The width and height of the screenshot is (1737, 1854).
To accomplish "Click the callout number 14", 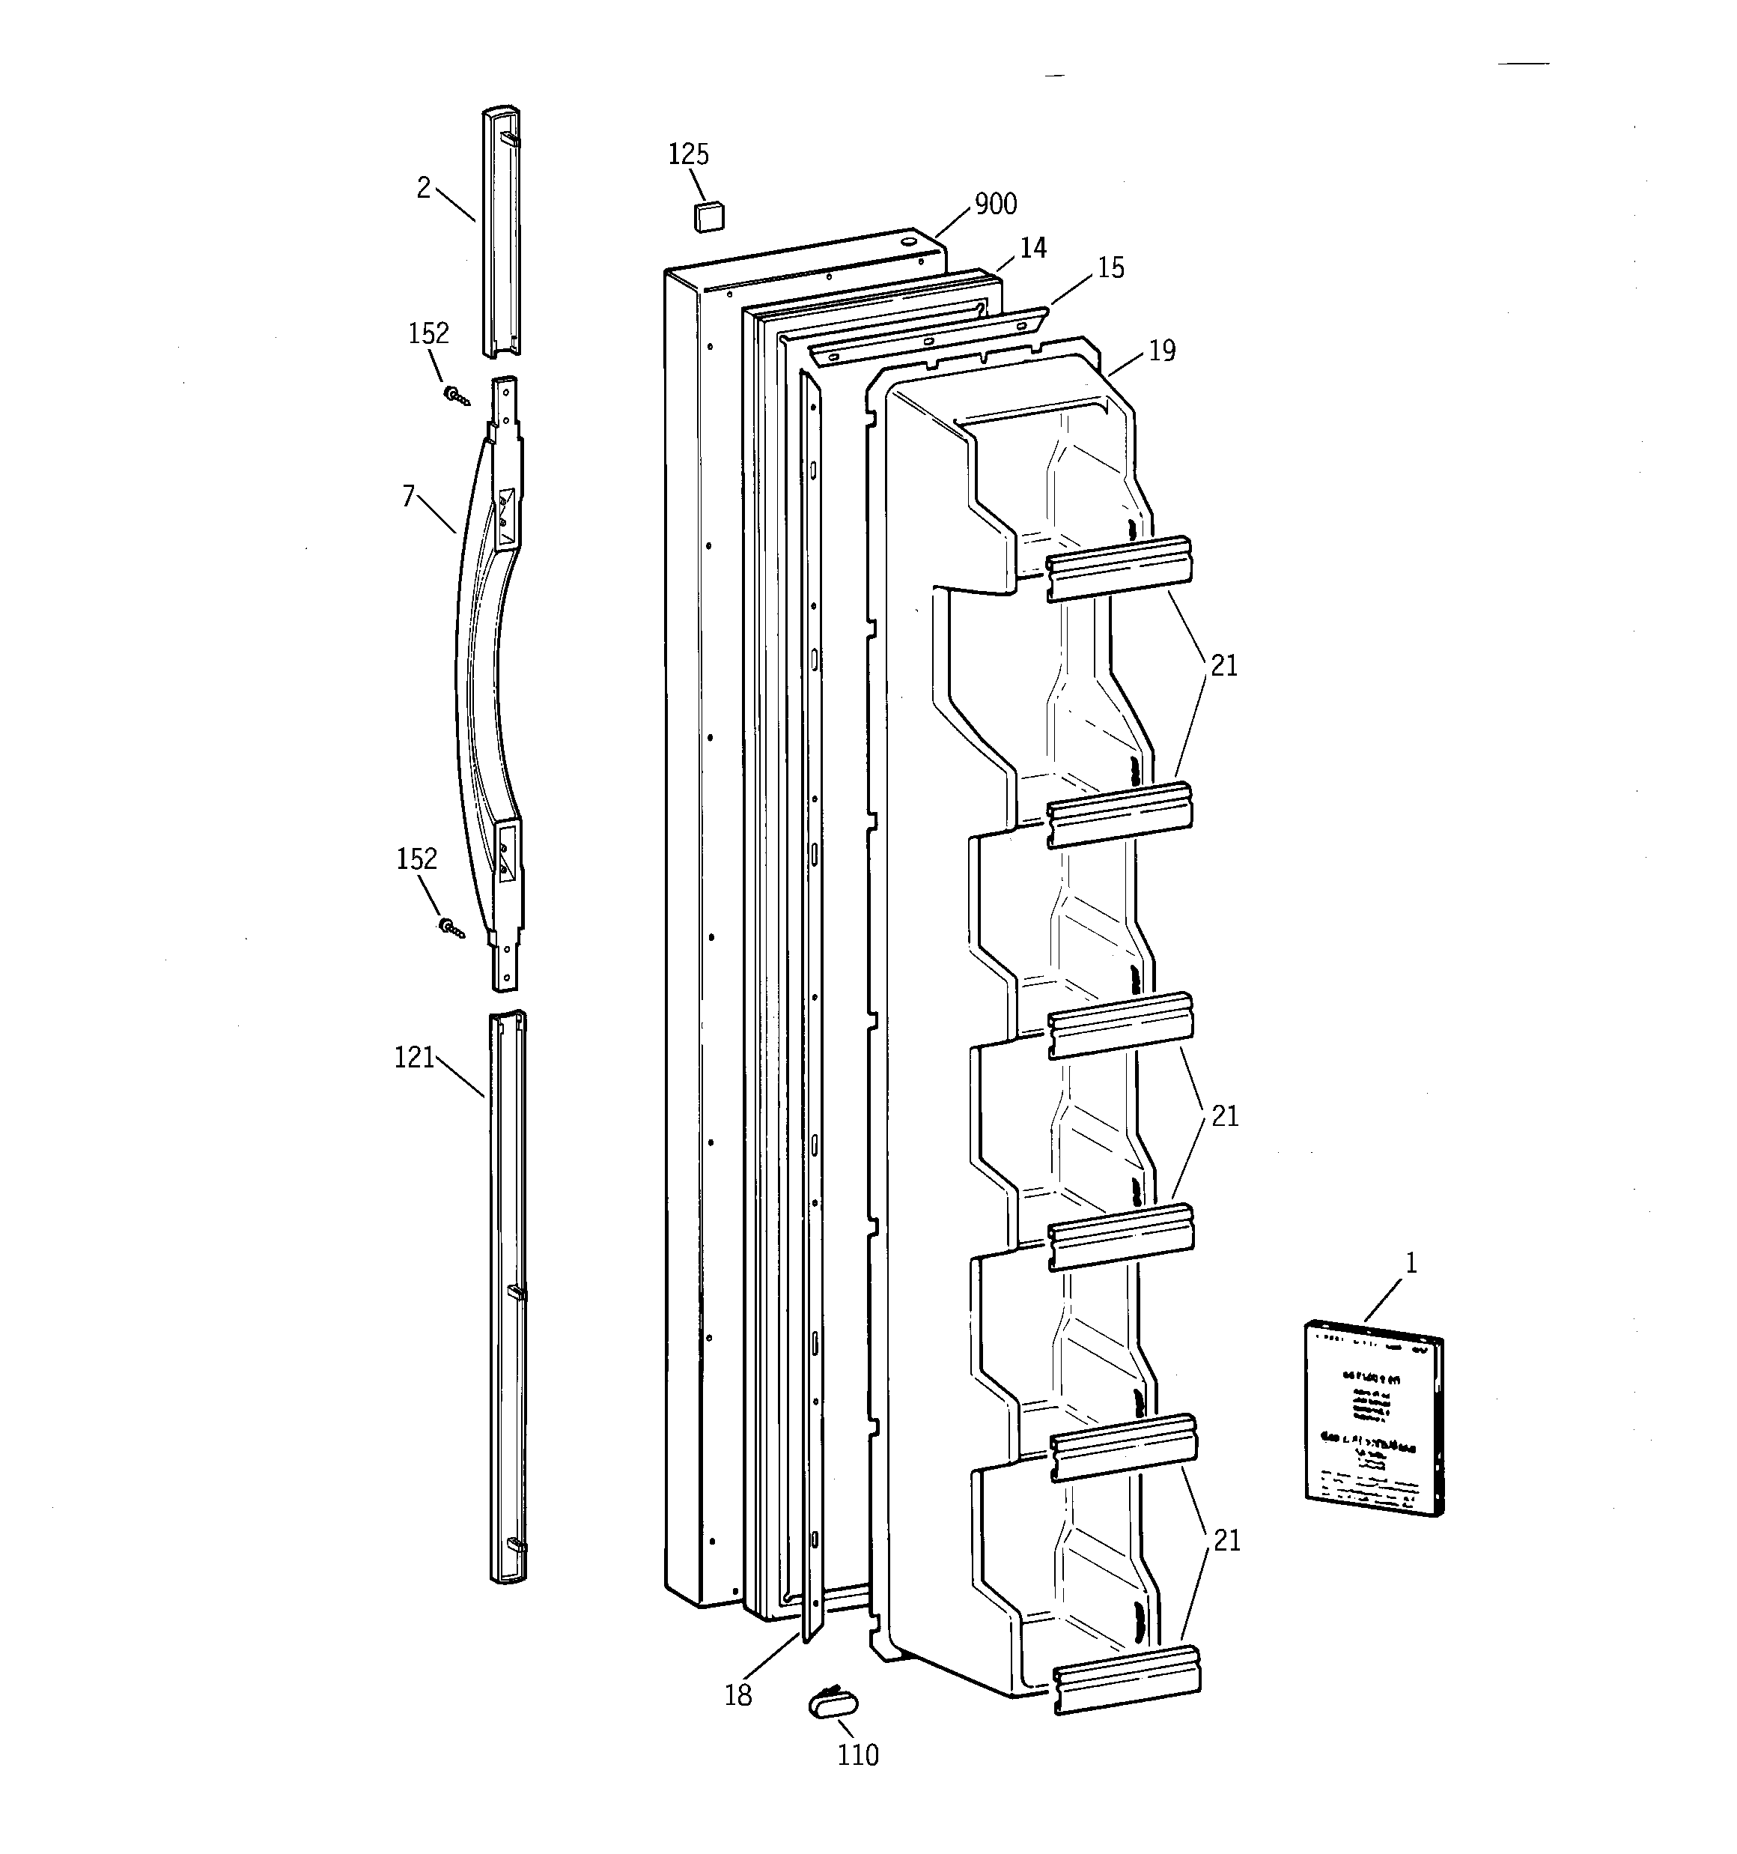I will (x=1032, y=248).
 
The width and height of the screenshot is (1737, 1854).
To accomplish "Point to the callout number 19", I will (x=1160, y=351).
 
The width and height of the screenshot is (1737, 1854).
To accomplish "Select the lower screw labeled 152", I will (x=451, y=927).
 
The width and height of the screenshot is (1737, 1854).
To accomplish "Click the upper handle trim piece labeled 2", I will (x=501, y=233).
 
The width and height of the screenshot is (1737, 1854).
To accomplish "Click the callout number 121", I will (x=414, y=1058).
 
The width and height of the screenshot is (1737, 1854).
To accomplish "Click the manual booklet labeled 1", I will (x=1373, y=1417).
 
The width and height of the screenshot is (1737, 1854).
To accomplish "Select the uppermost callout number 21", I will (x=1223, y=666).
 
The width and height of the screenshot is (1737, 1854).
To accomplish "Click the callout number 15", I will (x=1110, y=269).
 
